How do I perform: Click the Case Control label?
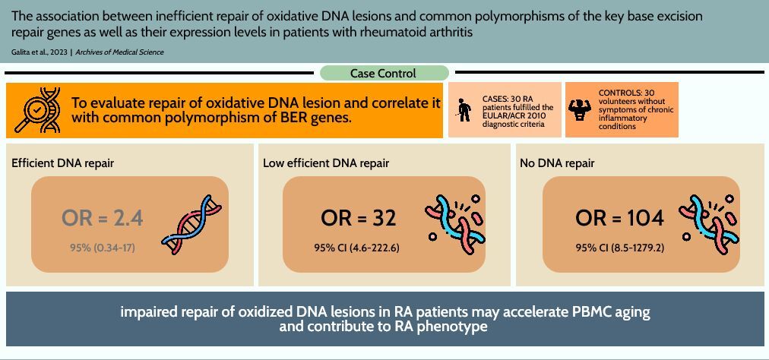click(x=383, y=74)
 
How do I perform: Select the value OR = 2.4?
click(x=103, y=218)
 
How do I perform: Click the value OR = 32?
click(x=358, y=218)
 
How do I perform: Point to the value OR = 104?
click(x=619, y=218)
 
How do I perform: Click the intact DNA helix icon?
click(x=191, y=223)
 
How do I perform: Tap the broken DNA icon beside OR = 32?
click(x=454, y=223)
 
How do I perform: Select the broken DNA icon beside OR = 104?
click(x=709, y=223)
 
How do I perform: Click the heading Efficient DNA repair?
click(x=63, y=163)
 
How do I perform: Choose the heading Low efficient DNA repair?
click(x=326, y=163)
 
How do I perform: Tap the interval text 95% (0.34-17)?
click(x=103, y=248)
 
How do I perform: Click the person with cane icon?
click(x=463, y=109)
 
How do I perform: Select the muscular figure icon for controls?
click(x=579, y=110)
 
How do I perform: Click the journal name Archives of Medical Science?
click(x=119, y=52)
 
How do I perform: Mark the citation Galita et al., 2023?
click(x=40, y=52)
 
